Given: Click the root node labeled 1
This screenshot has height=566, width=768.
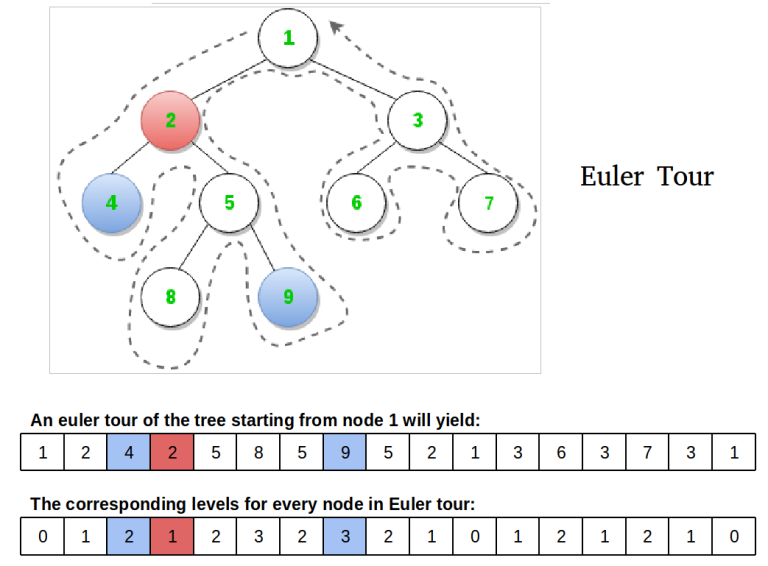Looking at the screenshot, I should click(x=288, y=39).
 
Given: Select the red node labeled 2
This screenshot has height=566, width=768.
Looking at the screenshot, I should click(x=171, y=121).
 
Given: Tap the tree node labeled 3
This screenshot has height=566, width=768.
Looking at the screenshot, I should click(x=418, y=121).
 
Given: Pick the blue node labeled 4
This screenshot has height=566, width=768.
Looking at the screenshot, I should click(x=112, y=203).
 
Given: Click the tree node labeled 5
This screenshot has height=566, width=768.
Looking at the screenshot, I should click(x=229, y=203).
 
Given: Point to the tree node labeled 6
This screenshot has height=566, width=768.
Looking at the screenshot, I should click(x=356, y=203).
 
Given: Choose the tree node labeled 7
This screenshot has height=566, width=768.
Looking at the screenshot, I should click(x=488, y=203).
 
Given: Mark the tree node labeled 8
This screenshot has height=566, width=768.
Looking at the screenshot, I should click(x=170, y=297).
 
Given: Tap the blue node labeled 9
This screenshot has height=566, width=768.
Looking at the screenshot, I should click(x=288, y=297).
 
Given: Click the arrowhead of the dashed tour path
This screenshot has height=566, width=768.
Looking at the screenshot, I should click(x=336, y=29).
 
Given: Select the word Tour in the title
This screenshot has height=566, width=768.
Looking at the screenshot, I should click(x=686, y=177).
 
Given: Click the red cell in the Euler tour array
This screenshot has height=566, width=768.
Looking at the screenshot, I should click(x=172, y=453).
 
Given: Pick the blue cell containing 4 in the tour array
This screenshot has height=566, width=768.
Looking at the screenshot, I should click(x=129, y=453).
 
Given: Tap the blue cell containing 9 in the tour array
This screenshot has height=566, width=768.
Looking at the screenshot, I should click(x=345, y=453).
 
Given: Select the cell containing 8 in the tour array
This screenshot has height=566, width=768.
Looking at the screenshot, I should click(x=258, y=453).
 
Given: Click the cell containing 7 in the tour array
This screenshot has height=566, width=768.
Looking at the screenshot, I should click(x=647, y=453).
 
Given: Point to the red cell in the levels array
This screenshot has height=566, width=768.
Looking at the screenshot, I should click(x=172, y=537).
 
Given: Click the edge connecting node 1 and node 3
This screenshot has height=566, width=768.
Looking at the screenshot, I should click(x=355, y=81).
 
